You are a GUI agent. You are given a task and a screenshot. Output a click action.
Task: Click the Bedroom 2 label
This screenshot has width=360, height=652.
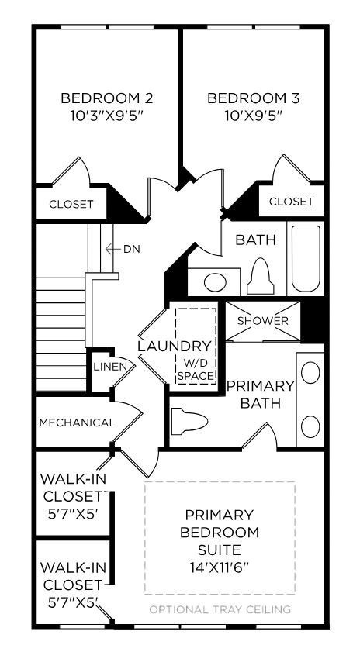106,98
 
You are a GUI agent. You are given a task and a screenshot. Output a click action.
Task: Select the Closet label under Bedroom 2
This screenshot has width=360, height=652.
71,205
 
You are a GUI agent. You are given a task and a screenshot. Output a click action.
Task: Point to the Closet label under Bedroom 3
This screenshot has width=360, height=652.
291,202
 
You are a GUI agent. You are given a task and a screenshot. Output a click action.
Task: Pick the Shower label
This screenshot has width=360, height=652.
262,321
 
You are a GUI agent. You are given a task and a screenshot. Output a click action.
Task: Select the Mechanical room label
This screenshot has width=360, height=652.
77,423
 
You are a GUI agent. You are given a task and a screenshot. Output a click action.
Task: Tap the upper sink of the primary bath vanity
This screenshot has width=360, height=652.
310,373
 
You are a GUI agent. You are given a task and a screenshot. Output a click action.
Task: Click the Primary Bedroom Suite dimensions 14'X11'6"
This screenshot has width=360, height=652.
219,567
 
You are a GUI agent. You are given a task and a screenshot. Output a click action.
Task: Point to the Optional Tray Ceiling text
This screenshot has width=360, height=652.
220,609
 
